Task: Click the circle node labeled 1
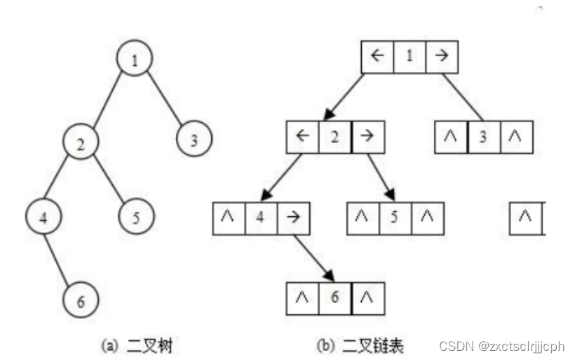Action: pos(134,60)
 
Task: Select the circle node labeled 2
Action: pos(81,145)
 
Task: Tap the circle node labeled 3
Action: pos(194,138)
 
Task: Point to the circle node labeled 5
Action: pos(136,216)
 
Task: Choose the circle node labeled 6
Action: pos(80,301)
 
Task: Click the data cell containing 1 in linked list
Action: pos(409,57)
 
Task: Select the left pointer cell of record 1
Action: pos(377,57)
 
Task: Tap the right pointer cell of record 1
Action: pos(441,57)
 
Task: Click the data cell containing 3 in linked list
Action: pos(483,136)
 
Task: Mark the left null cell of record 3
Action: pos(451,136)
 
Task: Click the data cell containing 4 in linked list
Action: pos(261,218)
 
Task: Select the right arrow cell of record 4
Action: pos(293,218)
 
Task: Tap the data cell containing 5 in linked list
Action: pos(395,218)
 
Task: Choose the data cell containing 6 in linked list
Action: pos(335,298)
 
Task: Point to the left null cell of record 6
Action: pos(304,298)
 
